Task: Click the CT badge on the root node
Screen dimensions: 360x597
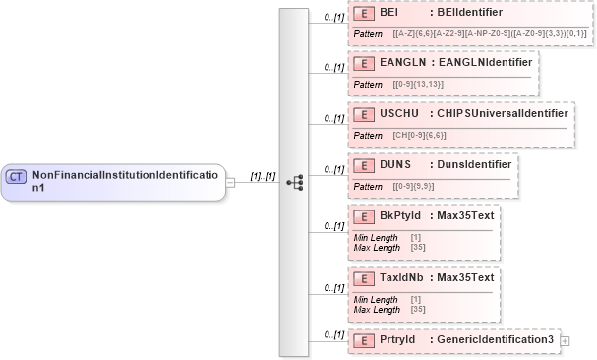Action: pos(16,176)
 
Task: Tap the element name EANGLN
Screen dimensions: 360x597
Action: pos(401,62)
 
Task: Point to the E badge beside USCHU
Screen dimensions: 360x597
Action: pos(363,114)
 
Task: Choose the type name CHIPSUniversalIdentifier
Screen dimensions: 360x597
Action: pos(499,114)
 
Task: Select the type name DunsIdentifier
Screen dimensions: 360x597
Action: pos(469,163)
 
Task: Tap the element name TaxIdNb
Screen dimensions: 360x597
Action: pos(402,277)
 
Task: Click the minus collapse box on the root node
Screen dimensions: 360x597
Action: pos(229,182)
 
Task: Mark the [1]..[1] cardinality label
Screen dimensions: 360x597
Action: pos(264,176)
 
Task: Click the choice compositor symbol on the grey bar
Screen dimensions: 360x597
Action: pos(294,183)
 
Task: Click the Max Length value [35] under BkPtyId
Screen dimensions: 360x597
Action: pos(418,248)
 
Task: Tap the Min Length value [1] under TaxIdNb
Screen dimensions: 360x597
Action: pos(416,299)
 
